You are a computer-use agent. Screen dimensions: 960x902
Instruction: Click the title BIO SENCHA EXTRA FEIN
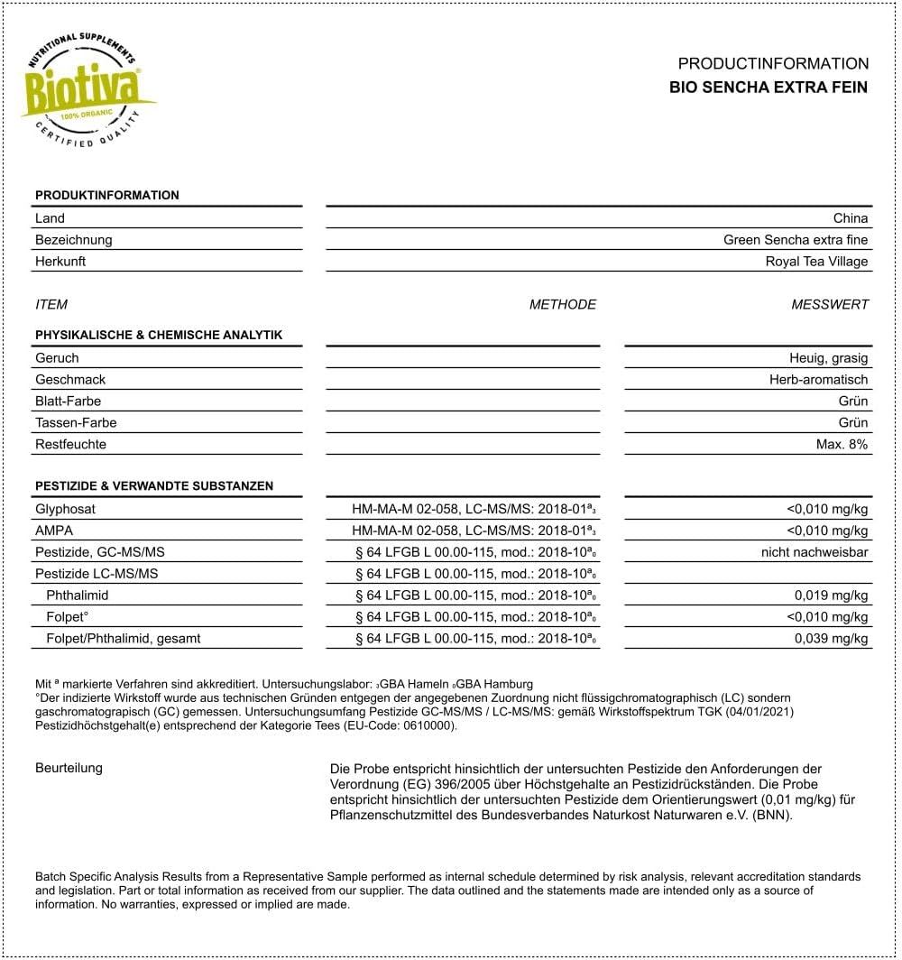769,88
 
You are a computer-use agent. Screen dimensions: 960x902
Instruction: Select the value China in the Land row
851,218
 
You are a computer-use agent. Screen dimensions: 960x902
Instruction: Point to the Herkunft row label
60,262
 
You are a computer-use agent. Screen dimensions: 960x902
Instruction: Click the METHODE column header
563,305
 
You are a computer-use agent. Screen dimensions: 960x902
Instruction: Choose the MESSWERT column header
830,305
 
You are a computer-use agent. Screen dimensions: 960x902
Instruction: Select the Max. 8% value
842,445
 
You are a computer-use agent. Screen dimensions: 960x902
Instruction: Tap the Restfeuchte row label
70,445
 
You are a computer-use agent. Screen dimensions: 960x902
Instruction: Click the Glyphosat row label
65,509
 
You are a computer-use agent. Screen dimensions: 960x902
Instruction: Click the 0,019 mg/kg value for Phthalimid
831,595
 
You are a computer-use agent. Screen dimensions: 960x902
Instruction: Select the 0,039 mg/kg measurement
831,639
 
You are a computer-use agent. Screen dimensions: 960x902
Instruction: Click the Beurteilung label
69,768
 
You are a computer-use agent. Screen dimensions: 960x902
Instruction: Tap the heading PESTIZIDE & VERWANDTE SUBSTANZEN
154,486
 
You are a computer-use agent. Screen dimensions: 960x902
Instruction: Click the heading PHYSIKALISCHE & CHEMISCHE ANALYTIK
159,336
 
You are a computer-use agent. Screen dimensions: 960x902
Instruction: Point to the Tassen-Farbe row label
76,423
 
